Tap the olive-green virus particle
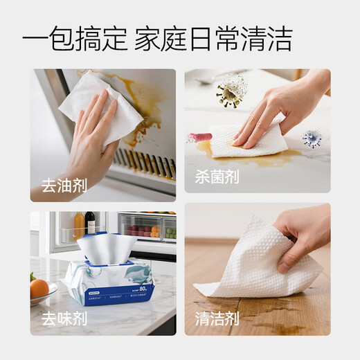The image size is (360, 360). (231, 91)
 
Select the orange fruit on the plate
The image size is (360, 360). (39, 287)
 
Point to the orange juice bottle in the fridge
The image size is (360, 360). (80, 226)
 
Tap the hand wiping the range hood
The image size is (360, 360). (97, 138)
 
